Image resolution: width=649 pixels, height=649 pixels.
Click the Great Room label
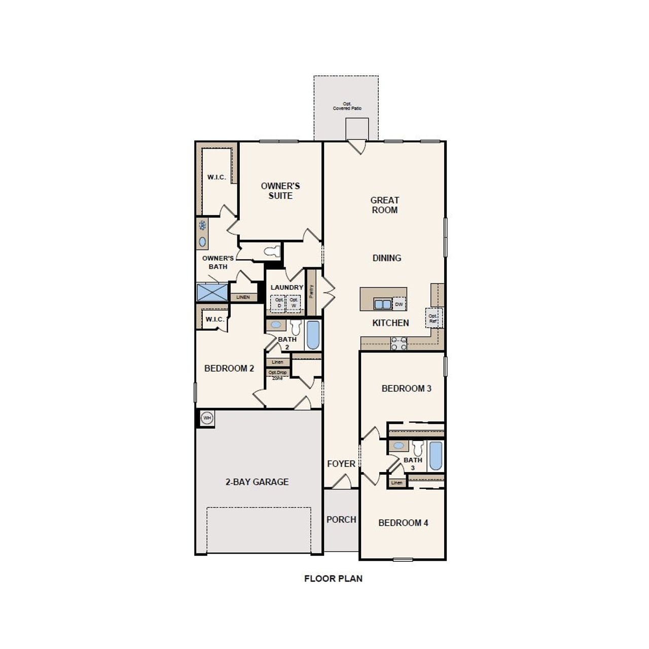tap(384, 205)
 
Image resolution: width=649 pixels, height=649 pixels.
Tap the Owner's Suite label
tap(280, 191)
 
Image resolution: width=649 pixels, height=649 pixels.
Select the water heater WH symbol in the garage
tap(206, 418)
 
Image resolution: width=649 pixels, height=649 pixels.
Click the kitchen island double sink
tap(382, 304)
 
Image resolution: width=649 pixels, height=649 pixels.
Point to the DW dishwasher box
tap(399, 304)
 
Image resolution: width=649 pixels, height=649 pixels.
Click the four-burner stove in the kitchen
tap(399, 344)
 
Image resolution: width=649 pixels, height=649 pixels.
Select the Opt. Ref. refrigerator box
tap(433, 318)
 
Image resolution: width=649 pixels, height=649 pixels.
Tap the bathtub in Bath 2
tap(313, 335)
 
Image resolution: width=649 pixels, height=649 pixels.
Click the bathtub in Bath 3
tap(436, 456)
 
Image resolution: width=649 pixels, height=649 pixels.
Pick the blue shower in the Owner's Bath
tap(212, 293)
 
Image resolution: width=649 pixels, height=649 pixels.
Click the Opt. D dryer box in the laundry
tap(278, 303)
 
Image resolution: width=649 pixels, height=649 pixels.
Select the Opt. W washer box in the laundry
tap(294, 303)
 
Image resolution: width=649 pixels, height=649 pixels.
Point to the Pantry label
tap(311, 292)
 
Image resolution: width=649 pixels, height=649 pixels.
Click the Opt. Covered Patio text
tap(347, 106)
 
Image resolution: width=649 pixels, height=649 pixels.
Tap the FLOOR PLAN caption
tap(333, 579)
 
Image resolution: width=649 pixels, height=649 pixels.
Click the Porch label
tap(341, 520)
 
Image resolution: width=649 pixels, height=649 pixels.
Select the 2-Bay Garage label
tap(257, 482)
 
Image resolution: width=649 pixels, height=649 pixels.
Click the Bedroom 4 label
tap(403, 523)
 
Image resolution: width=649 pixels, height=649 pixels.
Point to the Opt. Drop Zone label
tap(277, 375)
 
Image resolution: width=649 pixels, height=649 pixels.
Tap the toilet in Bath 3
tap(418, 448)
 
